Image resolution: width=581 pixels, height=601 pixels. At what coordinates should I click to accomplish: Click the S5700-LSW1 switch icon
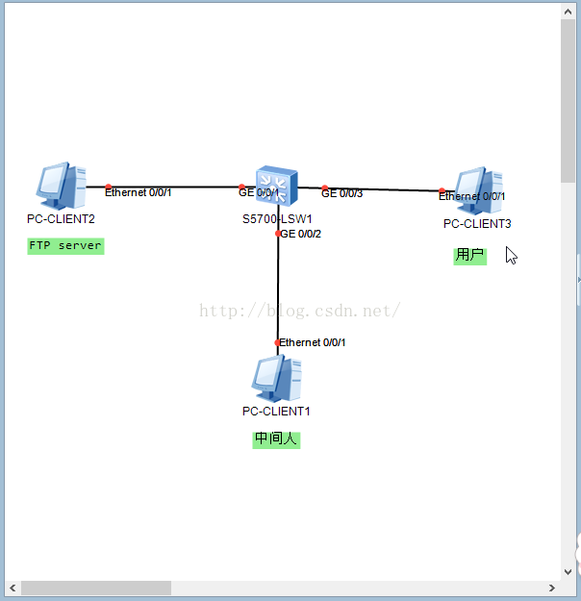click(x=277, y=184)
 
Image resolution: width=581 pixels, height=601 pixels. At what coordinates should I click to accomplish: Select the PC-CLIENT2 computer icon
click(x=62, y=187)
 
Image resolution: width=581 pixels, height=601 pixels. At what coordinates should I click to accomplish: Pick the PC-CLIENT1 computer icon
click(x=277, y=378)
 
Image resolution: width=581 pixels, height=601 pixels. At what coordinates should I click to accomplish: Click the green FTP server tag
click(x=65, y=246)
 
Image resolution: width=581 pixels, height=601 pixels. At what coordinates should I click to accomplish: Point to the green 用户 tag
click(x=470, y=256)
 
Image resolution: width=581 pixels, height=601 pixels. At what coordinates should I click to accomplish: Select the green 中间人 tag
click(x=277, y=439)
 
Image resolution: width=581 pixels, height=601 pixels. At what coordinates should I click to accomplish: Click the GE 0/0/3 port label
click(x=342, y=194)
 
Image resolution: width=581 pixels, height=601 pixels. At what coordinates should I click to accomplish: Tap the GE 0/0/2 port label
click(x=301, y=234)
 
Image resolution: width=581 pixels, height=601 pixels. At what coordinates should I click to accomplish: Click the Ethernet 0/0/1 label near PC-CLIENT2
click(x=139, y=193)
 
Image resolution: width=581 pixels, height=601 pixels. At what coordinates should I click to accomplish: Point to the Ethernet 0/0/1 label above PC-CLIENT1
click(x=313, y=342)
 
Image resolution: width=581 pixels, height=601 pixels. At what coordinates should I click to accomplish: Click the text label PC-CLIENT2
click(x=61, y=219)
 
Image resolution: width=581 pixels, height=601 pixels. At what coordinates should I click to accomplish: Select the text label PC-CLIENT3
click(x=477, y=224)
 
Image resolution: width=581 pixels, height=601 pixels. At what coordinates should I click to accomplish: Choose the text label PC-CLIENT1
click(x=276, y=412)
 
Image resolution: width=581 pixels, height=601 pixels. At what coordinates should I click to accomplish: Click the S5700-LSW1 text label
click(x=277, y=219)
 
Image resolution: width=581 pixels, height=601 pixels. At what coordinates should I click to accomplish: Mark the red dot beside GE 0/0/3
click(x=325, y=188)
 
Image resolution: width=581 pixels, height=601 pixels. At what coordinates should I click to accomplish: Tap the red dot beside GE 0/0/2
click(x=278, y=233)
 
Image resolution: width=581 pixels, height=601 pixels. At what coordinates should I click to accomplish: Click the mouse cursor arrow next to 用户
click(x=511, y=255)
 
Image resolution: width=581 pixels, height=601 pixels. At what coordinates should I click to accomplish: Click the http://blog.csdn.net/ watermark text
click(x=299, y=311)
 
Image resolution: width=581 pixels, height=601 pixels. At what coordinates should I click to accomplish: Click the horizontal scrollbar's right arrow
click(x=551, y=588)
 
